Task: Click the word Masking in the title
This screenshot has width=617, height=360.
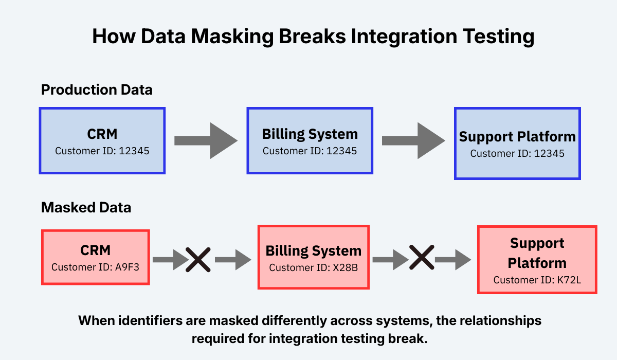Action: click(x=241, y=37)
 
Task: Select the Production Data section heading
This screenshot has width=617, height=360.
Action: click(x=97, y=90)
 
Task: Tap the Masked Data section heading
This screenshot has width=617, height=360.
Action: click(x=86, y=208)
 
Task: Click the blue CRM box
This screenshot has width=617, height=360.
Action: click(x=102, y=140)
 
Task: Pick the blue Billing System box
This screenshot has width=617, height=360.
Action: click(x=310, y=140)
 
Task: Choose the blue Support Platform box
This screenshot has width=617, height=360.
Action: click(x=517, y=143)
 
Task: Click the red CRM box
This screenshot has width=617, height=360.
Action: click(x=95, y=257)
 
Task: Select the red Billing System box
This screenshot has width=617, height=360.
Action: click(x=313, y=257)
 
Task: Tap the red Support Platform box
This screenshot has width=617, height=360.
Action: click(x=537, y=259)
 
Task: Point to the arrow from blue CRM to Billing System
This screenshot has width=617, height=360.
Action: click(x=206, y=140)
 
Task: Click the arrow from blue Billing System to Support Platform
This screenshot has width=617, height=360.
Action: click(x=413, y=140)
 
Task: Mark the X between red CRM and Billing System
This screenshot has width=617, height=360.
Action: click(x=198, y=259)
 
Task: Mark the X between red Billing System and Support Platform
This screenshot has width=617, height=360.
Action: click(x=422, y=259)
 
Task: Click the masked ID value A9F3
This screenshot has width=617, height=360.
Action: click(x=128, y=267)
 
